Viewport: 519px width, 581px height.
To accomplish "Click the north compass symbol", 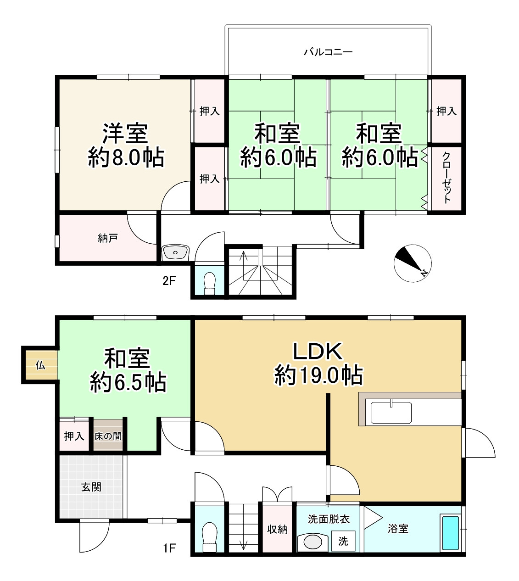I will coord(413,263).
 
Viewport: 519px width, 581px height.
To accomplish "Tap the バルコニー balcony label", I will coord(328,52).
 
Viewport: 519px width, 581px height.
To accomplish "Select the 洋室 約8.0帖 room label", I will coord(125,145).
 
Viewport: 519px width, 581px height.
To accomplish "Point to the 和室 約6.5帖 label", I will coord(128,370).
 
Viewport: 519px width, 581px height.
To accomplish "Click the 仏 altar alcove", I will coord(40,365).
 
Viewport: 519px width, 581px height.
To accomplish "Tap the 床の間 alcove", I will coord(108,436).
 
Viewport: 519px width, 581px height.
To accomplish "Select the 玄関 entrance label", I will coord(91,487).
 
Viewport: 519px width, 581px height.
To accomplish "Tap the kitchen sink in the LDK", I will coord(391,412).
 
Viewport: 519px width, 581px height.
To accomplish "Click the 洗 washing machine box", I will coord(343,542).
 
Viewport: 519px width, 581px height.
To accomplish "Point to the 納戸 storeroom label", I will coord(107,238).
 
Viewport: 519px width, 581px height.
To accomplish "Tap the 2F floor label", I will coord(169,280).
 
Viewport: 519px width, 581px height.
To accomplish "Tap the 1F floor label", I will coord(169,548).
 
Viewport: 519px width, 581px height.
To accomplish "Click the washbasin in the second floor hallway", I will coord(175,252).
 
